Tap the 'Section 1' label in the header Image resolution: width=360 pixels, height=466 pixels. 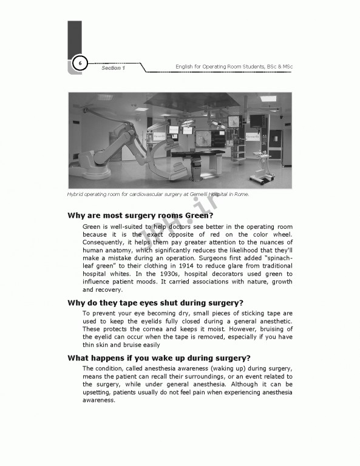click(x=112, y=68)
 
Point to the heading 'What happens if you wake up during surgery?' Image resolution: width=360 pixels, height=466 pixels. click(x=158, y=357)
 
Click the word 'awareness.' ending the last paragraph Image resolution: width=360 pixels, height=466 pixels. click(x=98, y=400)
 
